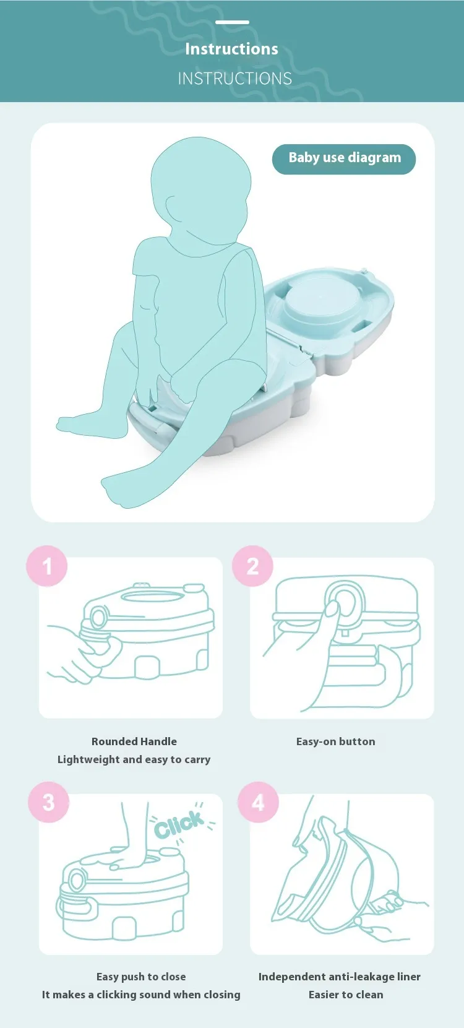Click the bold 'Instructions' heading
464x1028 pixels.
point(232,49)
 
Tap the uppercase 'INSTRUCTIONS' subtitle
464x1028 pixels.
point(234,79)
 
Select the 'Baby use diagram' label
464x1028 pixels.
point(344,158)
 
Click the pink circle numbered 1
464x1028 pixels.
point(46,566)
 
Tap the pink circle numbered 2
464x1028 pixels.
point(252,566)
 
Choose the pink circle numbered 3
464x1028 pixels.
point(49,801)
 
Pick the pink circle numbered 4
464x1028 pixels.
point(258,801)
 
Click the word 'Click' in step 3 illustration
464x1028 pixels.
point(179,824)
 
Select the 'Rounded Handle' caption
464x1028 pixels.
point(134,741)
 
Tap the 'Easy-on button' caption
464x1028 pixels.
point(335,741)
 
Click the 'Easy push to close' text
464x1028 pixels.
point(141,977)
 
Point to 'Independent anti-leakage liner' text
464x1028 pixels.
point(339,977)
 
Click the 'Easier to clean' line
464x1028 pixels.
point(346,995)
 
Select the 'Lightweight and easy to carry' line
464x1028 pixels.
point(134,759)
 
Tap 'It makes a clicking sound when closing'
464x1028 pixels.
point(141,995)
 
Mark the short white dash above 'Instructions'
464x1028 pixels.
point(232,22)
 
